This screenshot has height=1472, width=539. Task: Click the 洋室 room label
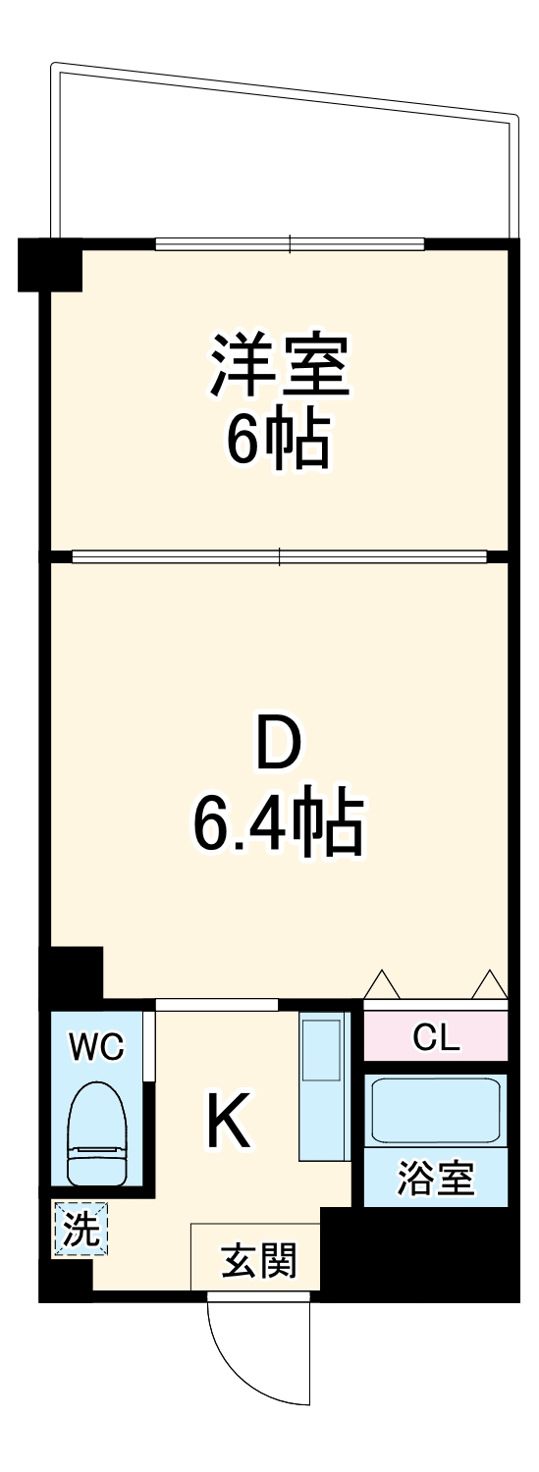tap(279, 365)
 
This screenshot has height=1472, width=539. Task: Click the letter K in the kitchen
tap(229, 1121)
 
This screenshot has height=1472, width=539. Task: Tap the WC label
tap(95, 1048)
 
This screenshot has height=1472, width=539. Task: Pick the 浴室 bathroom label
tap(436, 1178)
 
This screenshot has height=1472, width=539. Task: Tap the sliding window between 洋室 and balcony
tap(290, 243)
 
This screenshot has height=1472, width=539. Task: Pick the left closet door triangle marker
tap(381, 984)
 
